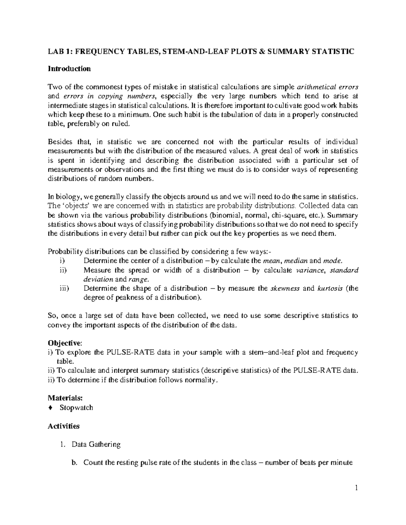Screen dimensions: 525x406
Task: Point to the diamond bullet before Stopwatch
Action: click(50, 408)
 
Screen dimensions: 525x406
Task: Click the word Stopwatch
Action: click(76, 408)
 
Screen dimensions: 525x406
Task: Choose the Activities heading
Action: click(64, 426)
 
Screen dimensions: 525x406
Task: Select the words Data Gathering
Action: click(96, 444)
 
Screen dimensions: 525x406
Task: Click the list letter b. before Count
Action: click(74, 463)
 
